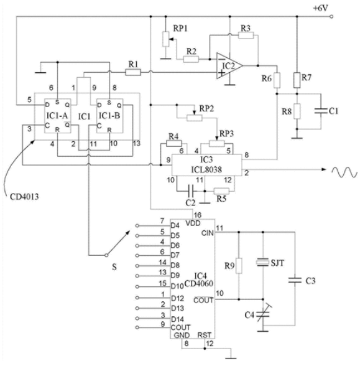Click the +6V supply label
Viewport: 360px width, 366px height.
pos(321,8)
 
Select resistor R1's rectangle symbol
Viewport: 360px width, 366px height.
pos(133,72)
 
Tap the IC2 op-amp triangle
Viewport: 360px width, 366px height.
pos(229,66)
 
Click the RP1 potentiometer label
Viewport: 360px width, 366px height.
pos(180,28)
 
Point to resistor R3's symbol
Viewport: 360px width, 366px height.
pos(246,35)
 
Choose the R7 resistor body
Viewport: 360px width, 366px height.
pos(297,80)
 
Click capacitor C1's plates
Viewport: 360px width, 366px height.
pos(321,111)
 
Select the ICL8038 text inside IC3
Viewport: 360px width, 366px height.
pos(206,169)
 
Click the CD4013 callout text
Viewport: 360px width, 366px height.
pos(24,197)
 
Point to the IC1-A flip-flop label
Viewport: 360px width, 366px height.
pos(57,116)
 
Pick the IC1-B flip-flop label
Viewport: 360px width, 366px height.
pos(109,116)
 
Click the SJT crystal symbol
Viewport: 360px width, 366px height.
pos(263,263)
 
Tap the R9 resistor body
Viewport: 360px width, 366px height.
pos(239,266)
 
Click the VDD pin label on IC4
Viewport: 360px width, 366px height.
pos(193,223)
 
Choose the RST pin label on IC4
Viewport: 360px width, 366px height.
pos(204,335)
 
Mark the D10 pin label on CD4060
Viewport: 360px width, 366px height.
pos(177,286)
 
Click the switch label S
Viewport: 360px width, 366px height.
pos(114,267)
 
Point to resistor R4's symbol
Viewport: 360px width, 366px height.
pos(173,143)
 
